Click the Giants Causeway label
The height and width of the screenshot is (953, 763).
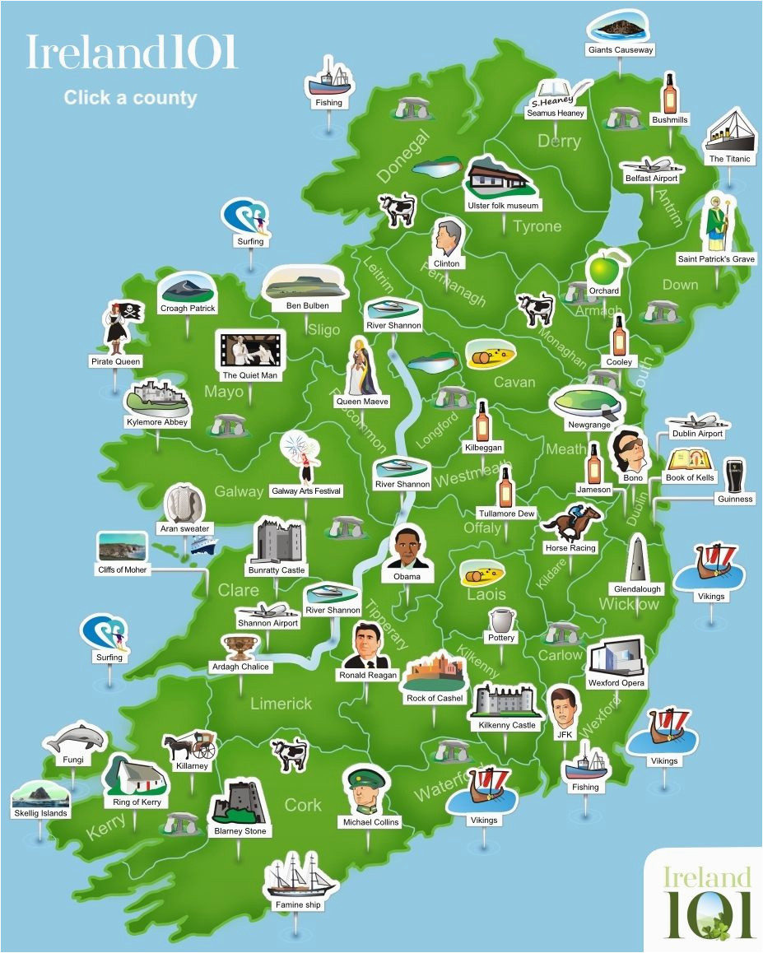621,50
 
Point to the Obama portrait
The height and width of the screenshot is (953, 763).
407,547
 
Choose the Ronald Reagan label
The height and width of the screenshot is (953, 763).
368,675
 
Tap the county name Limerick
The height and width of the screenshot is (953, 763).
281,704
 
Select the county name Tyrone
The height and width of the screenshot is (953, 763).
537,226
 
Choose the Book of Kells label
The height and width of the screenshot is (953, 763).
690,478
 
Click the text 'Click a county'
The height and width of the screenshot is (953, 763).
130,98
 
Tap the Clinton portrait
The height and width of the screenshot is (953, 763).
447,238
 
